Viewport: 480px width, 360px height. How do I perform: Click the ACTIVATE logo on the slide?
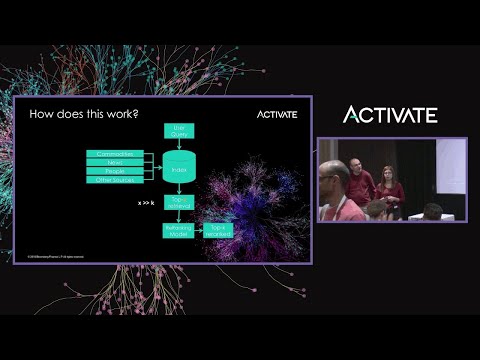pos(276,114)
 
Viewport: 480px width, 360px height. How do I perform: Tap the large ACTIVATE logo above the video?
pos(390,114)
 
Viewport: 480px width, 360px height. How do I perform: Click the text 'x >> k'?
pos(146,202)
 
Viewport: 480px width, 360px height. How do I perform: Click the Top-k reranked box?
pos(219,229)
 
